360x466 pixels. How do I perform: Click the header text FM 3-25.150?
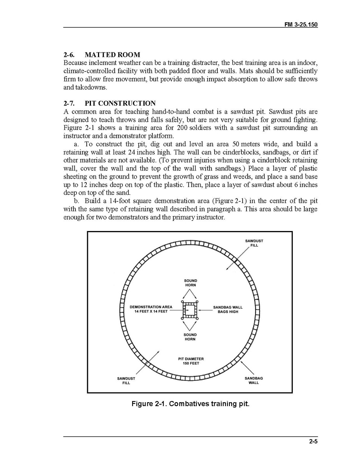(301, 24)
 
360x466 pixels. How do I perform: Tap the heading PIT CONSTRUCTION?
(120, 103)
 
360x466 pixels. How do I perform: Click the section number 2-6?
(69, 55)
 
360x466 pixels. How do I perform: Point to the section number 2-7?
(69, 103)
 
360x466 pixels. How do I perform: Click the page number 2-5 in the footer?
(313, 441)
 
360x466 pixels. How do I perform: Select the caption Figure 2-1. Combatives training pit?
(190, 403)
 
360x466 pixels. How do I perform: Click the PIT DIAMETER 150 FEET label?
(190, 361)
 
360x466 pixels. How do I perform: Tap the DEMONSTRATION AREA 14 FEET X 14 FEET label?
(151, 310)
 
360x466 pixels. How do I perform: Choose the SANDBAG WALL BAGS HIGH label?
(228, 310)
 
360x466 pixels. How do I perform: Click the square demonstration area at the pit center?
(190, 310)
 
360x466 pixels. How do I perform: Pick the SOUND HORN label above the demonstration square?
(190, 283)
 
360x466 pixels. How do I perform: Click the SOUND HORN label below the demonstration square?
(190, 337)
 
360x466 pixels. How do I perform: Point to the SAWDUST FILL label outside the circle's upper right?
(254, 243)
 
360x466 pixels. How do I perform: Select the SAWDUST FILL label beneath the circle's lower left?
(126, 380)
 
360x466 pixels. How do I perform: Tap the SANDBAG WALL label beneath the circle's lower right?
(253, 380)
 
